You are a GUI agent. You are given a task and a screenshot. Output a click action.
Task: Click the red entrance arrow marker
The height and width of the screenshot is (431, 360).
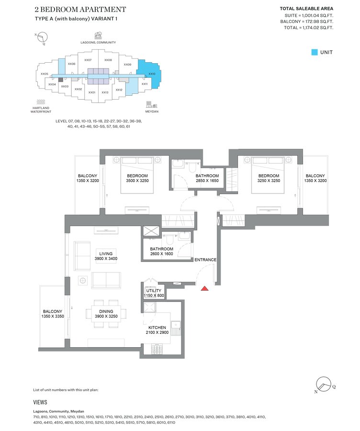click(204, 288)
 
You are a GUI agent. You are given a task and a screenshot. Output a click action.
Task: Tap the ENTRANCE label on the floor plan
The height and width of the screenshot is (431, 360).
click(205, 260)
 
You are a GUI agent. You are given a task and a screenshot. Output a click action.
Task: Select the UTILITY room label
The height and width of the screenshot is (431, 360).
click(153, 293)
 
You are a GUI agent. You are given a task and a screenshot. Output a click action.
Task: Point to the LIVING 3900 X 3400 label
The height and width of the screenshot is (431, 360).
click(106, 256)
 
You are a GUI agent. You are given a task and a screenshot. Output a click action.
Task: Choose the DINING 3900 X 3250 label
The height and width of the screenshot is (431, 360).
click(106, 313)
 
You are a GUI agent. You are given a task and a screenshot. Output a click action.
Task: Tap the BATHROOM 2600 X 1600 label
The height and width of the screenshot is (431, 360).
click(161, 251)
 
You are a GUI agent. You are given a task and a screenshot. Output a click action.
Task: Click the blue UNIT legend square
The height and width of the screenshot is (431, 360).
click(314, 52)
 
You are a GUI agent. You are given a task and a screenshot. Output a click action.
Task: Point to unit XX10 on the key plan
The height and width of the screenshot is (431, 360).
click(151, 74)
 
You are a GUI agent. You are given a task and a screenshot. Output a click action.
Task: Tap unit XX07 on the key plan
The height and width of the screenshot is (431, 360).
click(88, 60)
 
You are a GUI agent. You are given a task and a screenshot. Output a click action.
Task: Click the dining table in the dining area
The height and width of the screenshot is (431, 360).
click(106, 313)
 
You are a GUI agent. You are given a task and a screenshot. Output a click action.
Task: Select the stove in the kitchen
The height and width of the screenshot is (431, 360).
click(156, 351)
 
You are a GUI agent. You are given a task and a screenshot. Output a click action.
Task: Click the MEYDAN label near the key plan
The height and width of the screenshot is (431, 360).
click(151, 112)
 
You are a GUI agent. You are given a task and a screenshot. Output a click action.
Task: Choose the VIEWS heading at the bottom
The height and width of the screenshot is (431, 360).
click(40, 402)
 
